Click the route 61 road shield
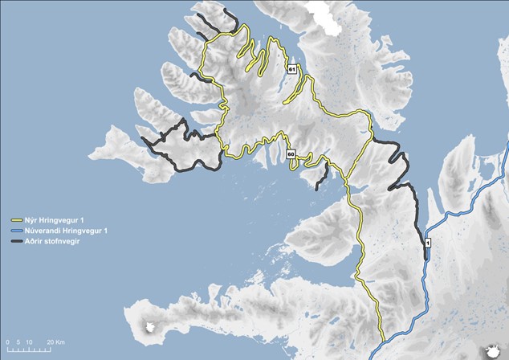(x=293, y=70)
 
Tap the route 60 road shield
(x=291, y=153)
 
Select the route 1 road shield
(x=428, y=243)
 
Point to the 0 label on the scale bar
(x=6, y=342)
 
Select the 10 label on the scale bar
(x=29, y=342)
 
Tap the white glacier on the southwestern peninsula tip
(x=153, y=328)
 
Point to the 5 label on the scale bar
(x=18, y=342)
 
